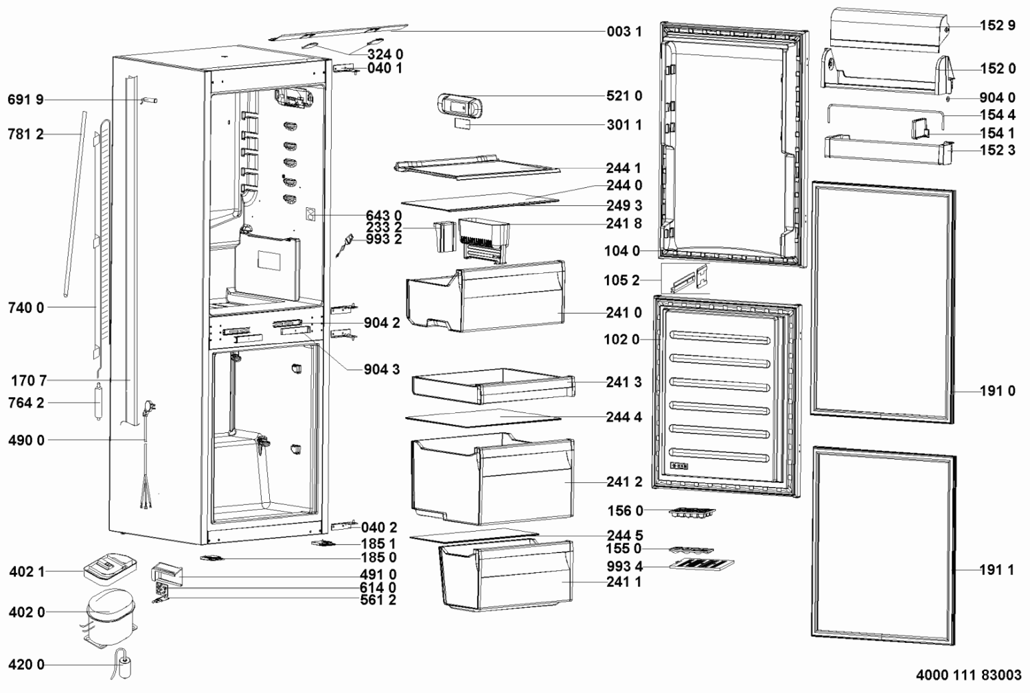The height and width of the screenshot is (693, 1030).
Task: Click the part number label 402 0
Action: tap(27, 613)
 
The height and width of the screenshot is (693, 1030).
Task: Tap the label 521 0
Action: tap(624, 96)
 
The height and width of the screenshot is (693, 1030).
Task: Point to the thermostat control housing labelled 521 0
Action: tap(460, 106)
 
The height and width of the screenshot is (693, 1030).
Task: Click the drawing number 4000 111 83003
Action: tap(968, 675)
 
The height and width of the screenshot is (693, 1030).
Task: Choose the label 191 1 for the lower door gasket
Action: tap(997, 570)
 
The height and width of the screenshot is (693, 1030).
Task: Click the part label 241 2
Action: tap(624, 482)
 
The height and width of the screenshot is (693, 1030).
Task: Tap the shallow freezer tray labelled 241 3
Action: tap(494, 386)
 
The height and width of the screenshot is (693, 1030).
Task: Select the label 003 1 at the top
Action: tap(624, 32)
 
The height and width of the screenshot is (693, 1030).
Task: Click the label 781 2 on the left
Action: tap(26, 134)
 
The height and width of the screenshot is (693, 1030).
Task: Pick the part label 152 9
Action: tap(997, 25)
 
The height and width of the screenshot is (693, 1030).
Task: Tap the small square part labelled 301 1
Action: tap(462, 124)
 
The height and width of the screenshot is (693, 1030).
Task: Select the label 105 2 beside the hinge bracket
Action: tap(621, 281)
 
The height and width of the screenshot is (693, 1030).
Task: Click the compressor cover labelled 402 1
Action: tap(111, 569)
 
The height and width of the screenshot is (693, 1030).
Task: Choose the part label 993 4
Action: tap(624, 567)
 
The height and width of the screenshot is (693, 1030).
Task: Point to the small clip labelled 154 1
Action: tap(919, 129)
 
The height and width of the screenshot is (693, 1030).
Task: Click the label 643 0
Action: tap(383, 215)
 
